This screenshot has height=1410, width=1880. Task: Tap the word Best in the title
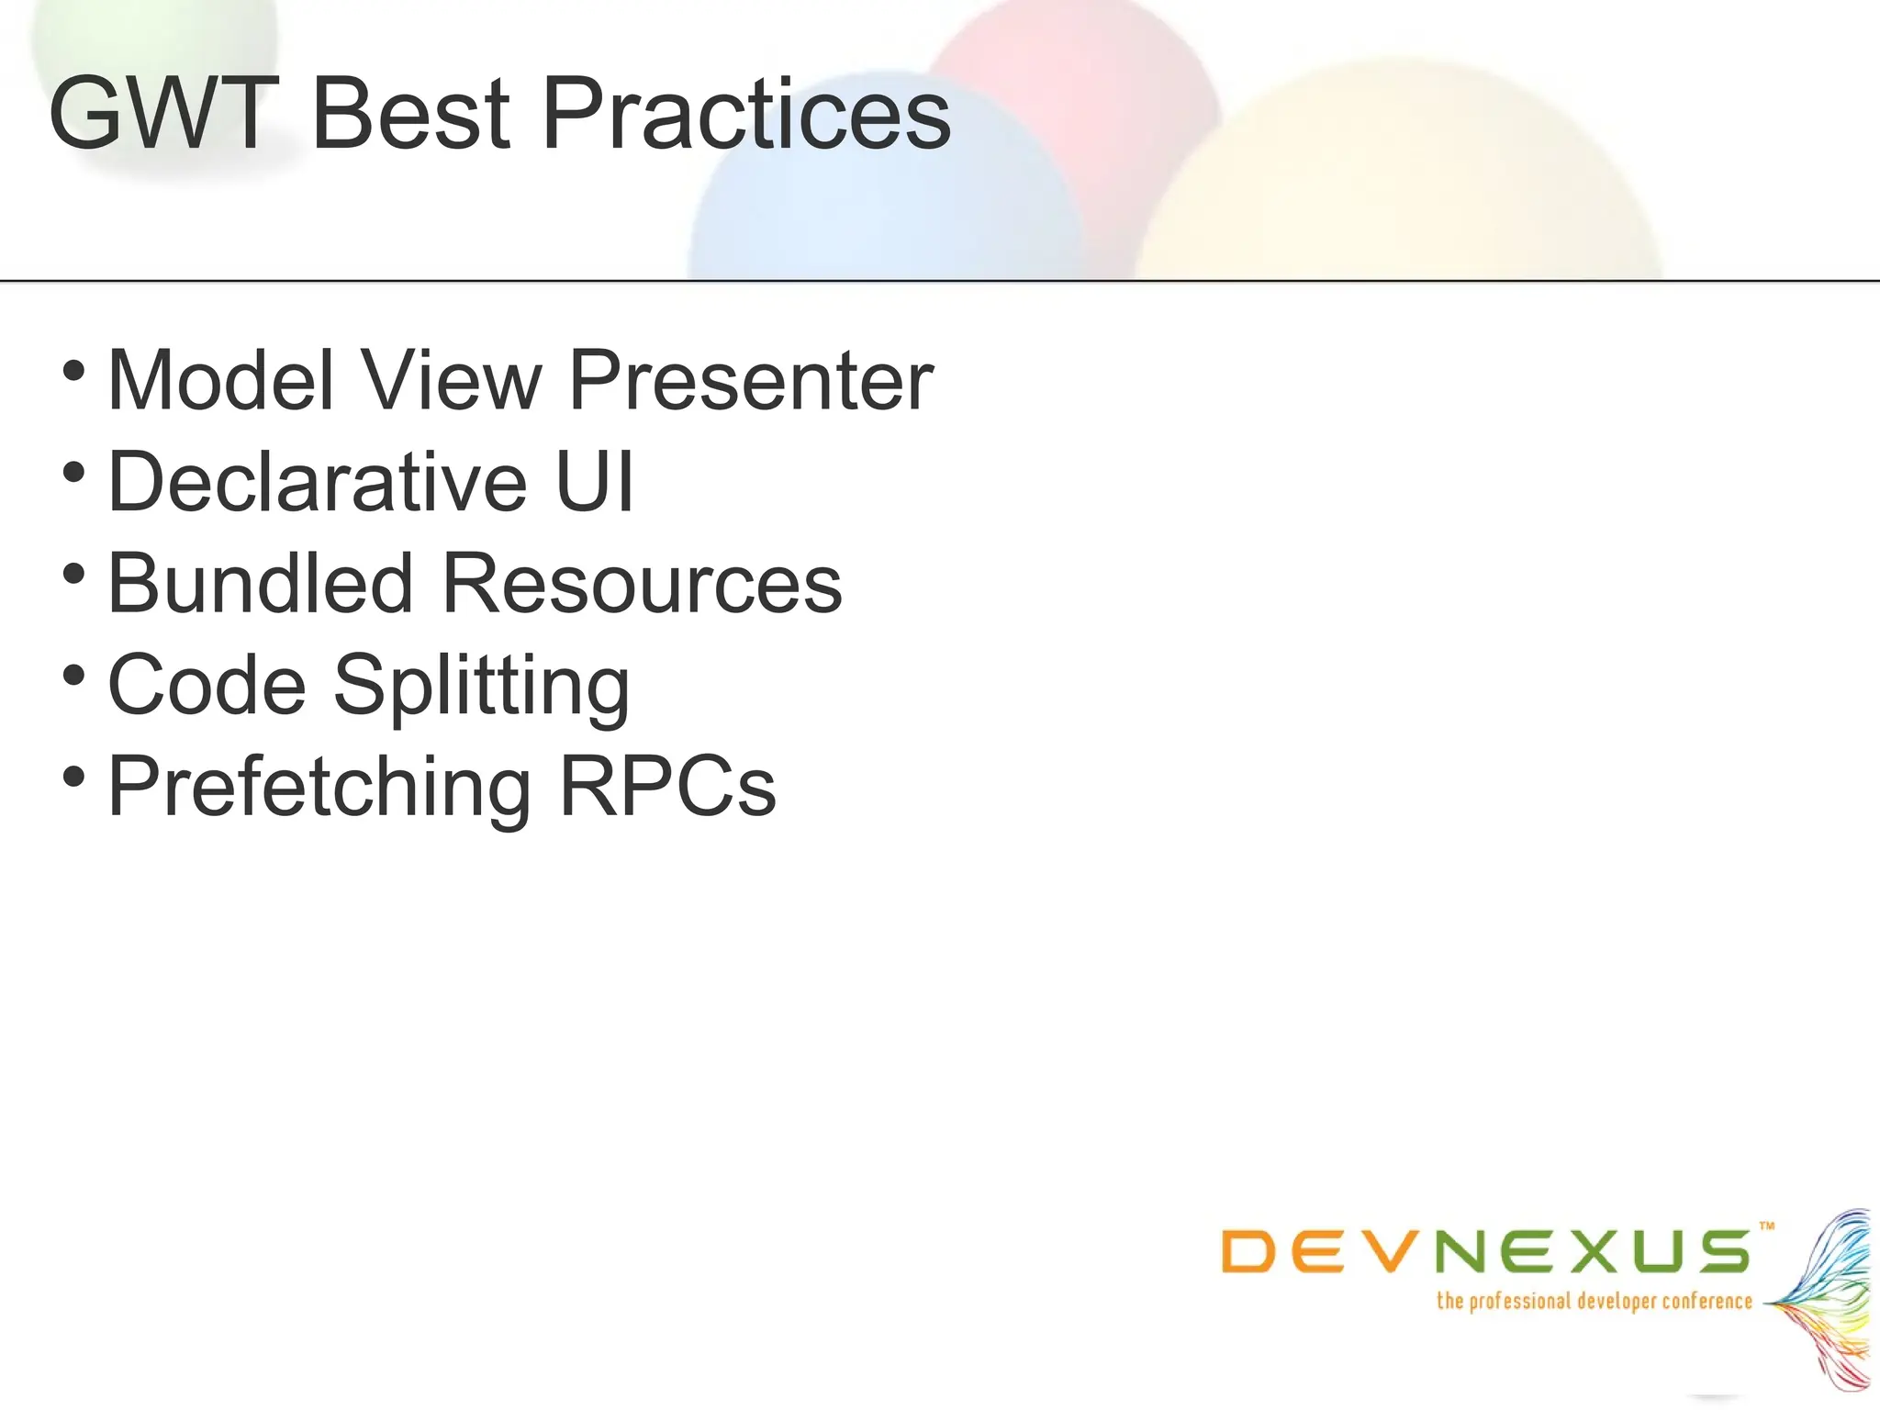pos(410,114)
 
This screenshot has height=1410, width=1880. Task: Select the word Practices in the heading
pos(746,114)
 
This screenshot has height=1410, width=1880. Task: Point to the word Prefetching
pos(319,788)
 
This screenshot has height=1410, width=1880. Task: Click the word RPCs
pos(667,787)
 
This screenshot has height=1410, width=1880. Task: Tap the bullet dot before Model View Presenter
pos(73,372)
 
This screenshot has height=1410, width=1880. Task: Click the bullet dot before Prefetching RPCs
pos(73,778)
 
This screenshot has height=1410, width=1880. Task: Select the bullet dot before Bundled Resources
pos(73,575)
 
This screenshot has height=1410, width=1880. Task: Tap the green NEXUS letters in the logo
pos(1592,1252)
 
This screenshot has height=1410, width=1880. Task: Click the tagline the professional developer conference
pos(1595,1301)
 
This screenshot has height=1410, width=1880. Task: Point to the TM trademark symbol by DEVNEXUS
pos(1767,1225)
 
